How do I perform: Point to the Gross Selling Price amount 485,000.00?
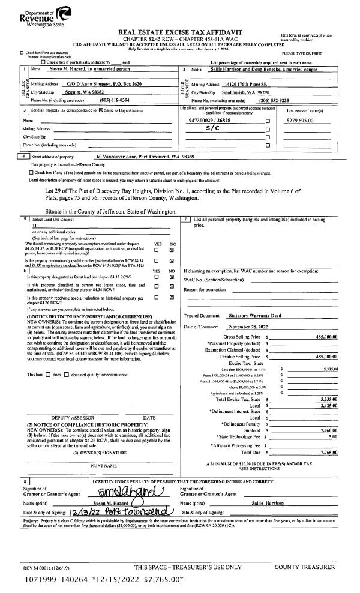pos(327,337)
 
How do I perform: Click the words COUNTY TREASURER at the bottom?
pos(305,567)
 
